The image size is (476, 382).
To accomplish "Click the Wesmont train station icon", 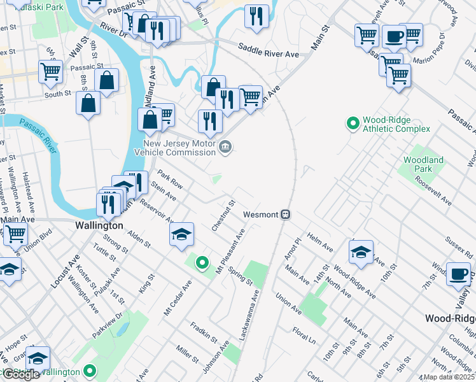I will [286, 215].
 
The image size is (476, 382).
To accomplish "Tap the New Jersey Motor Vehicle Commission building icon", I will [225, 148].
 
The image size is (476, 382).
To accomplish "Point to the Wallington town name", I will [99, 225].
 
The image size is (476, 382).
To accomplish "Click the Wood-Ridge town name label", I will [450, 318].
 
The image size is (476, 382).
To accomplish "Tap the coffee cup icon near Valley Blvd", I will [458, 274].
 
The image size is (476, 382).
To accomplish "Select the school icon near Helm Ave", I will [361, 251].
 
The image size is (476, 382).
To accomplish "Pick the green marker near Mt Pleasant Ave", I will [202, 262].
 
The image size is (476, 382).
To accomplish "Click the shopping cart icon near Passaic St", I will [51, 71].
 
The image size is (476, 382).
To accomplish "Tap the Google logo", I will [21, 374].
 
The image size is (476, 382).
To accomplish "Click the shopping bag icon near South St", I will [88, 103].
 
